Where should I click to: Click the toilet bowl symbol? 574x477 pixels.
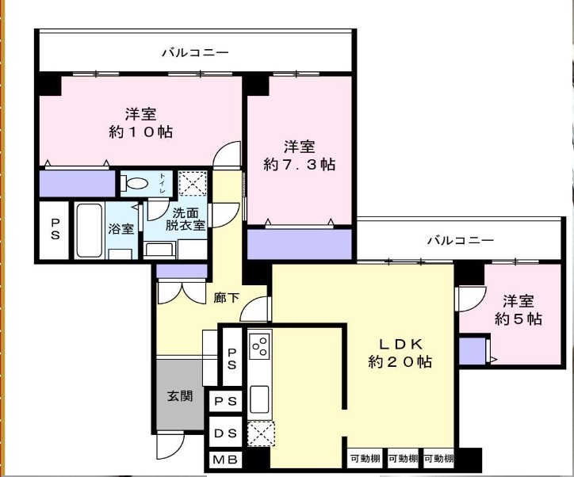point(135,183)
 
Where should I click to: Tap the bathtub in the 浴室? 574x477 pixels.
point(90,231)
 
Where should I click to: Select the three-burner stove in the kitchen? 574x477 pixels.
point(259,345)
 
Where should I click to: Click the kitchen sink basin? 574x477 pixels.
point(259,399)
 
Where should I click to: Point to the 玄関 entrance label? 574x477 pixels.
point(180,396)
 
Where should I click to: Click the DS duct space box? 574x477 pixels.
point(225,433)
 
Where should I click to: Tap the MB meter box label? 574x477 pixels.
point(225,460)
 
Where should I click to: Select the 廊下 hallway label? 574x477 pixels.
point(226,298)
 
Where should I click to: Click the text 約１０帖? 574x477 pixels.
point(141,132)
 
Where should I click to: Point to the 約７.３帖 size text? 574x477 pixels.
point(299,165)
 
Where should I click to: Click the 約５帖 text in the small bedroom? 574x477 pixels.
point(519,319)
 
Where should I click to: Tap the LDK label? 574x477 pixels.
point(400,344)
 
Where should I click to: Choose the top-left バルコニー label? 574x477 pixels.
point(196,52)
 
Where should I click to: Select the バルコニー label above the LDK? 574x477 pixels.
point(461,241)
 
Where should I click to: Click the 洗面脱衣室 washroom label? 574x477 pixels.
point(186,219)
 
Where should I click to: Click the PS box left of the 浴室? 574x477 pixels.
point(55,231)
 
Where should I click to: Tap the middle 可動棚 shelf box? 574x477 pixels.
point(403,458)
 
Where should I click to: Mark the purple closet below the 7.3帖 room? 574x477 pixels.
point(300,244)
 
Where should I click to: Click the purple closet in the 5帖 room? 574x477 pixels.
point(473,351)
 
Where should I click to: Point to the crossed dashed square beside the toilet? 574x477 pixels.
point(193,183)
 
